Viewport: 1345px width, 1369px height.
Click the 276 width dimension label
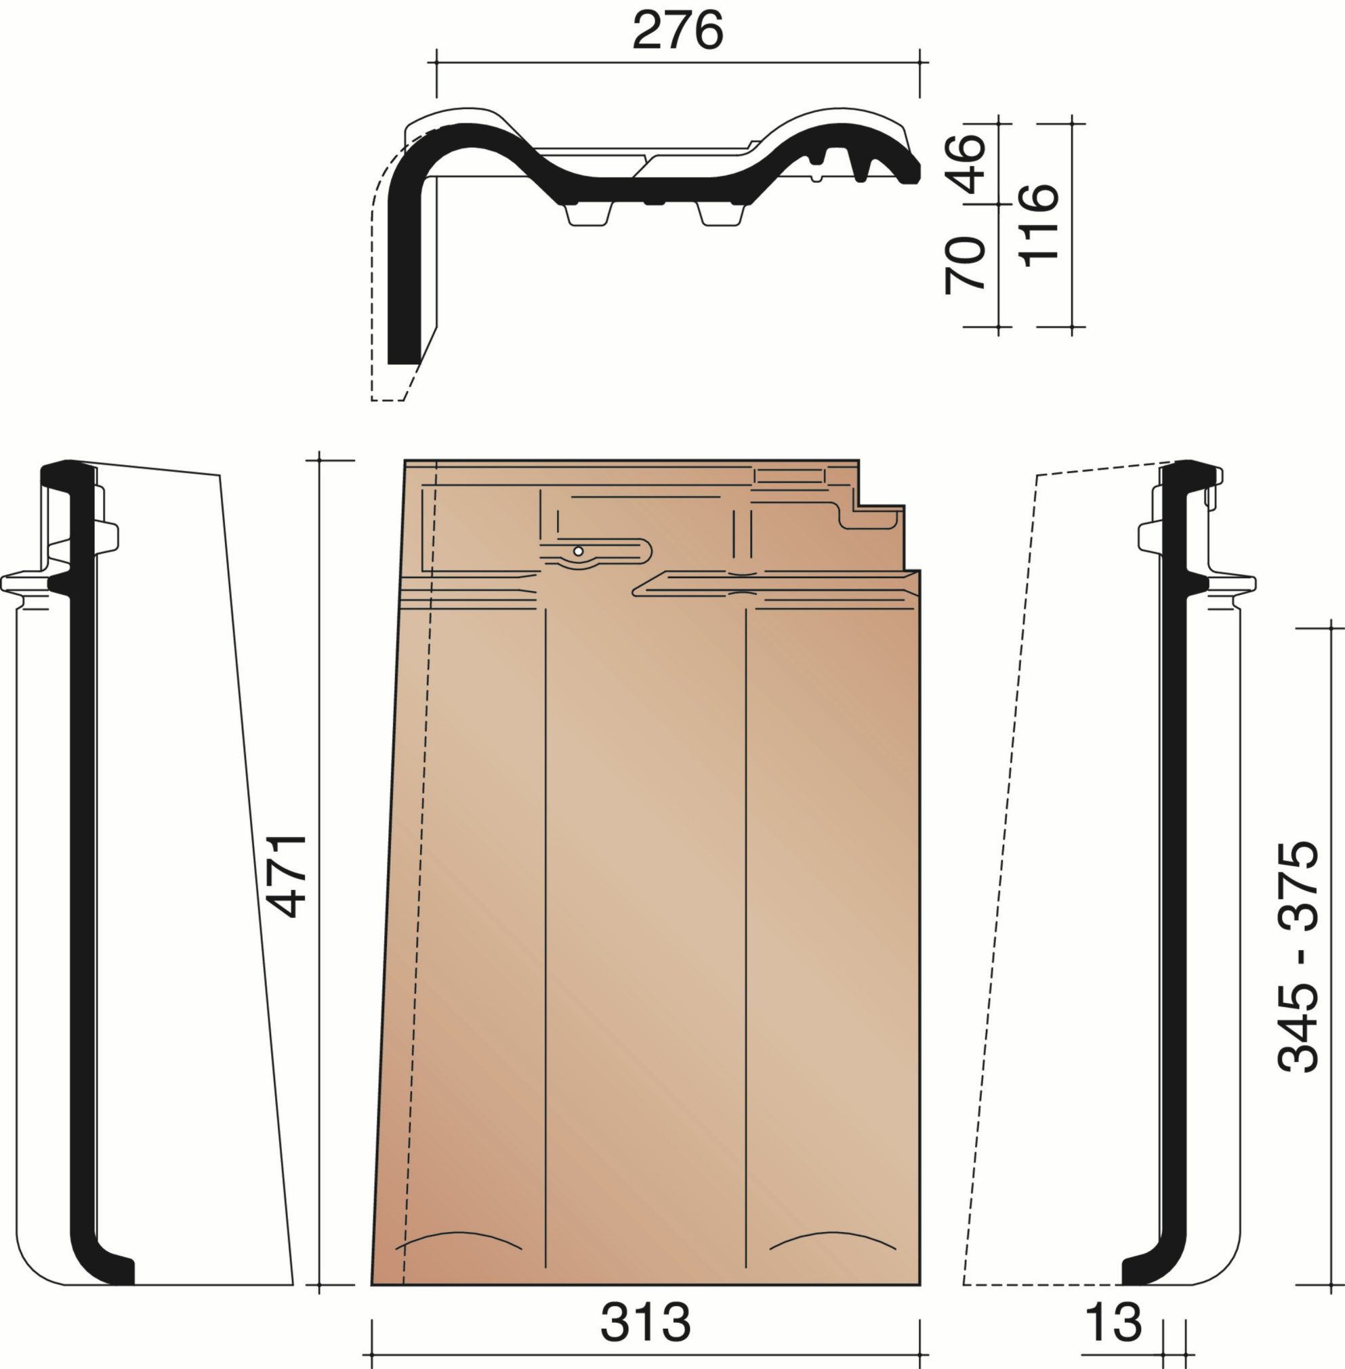678,30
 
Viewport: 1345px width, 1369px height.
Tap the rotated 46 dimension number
966,163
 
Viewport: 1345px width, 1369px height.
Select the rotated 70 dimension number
966,264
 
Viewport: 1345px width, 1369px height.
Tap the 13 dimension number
1113,1322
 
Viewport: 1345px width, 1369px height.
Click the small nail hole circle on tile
578,551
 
